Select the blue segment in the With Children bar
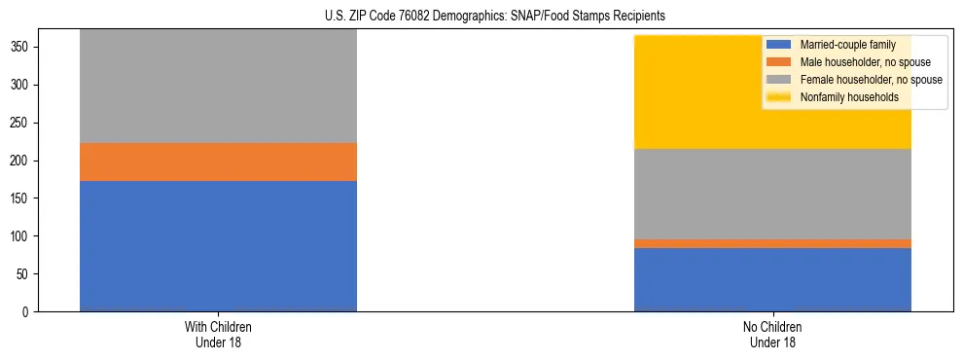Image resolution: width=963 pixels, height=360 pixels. [218, 246]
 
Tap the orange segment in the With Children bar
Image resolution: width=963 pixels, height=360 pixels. [218, 162]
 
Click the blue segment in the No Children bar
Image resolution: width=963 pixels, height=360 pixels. [772, 280]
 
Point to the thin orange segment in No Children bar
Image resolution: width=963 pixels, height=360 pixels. [772, 243]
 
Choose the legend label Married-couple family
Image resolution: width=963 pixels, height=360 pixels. [847, 45]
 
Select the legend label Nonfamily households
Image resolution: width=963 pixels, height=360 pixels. [848, 97]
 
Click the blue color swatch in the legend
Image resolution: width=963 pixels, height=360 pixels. [779, 45]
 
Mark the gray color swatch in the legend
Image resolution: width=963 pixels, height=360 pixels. [779, 80]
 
